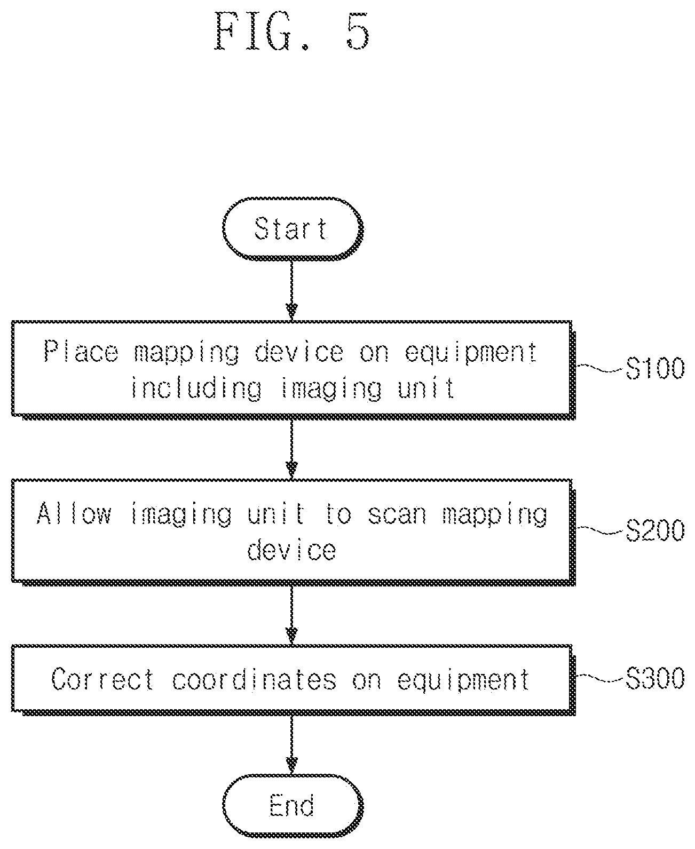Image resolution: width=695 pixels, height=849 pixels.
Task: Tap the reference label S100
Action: (x=655, y=368)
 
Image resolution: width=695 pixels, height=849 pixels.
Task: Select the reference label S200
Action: (x=655, y=530)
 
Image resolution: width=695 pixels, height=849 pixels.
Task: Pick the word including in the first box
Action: (x=196, y=388)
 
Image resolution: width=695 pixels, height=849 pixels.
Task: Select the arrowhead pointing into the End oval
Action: (x=291, y=765)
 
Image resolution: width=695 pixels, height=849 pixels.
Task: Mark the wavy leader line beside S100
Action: (x=600, y=368)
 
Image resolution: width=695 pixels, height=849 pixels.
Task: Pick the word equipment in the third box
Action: (x=463, y=680)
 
